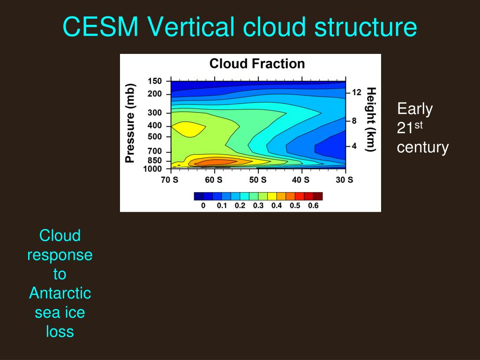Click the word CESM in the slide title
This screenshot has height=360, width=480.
click(100, 27)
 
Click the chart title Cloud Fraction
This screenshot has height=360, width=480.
click(257, 64)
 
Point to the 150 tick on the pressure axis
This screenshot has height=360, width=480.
click(155, 81)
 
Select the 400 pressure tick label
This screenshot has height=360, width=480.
click(155, 126)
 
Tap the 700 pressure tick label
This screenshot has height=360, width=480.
click(155, 151)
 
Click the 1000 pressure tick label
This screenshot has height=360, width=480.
click(153, 169)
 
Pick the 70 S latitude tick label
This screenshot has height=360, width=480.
click(170, 180)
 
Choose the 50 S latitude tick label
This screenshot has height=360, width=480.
click(258, 180)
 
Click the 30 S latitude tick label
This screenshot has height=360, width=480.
click(345, 180)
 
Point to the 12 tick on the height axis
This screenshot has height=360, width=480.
click(356, 93)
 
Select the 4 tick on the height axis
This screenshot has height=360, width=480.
click(354, 146)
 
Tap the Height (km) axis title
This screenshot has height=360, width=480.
click(371, 120)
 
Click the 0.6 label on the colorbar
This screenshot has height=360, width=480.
click(313, 205)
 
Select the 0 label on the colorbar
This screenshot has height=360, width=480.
click(203, 205)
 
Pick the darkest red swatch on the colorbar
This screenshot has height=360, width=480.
click(318, 196)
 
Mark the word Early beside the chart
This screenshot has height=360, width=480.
click(415, 109)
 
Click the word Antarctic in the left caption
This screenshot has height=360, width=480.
click(60, 293)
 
